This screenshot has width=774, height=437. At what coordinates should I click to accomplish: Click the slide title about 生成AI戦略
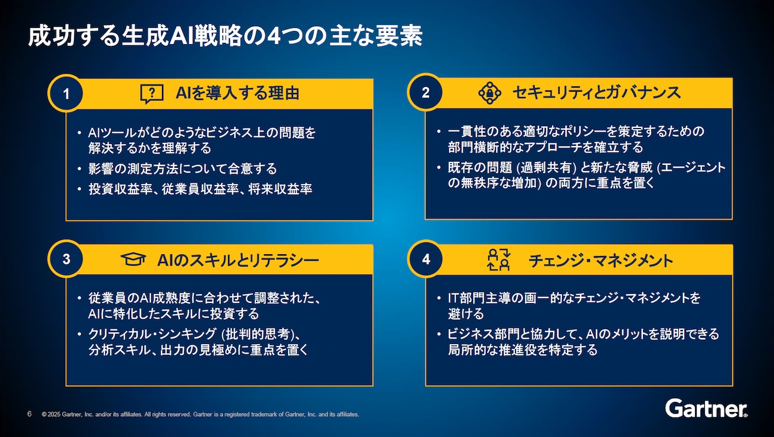point(225,36)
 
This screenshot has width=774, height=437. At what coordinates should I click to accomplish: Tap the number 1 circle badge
point(65,93)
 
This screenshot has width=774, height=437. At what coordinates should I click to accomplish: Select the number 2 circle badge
point(425,92)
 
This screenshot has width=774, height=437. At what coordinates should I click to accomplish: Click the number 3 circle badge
point(66,259)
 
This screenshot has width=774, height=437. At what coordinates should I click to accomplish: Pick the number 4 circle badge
point(426,259)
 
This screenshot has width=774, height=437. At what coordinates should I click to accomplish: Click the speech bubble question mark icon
point(152,93)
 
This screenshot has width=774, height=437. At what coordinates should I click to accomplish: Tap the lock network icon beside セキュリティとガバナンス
point(489,93)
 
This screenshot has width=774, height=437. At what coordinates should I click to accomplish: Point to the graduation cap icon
point(133,259)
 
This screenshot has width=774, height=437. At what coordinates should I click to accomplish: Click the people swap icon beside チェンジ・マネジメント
point(498,259)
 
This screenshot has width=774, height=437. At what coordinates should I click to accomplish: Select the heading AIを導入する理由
point(238,93)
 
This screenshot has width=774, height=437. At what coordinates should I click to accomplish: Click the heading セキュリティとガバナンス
point(597,93)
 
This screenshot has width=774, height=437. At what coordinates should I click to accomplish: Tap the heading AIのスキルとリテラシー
point(238,260)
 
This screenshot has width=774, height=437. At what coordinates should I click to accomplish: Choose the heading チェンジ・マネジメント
point(601,260)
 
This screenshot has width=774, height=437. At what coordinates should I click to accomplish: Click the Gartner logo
point(706,408)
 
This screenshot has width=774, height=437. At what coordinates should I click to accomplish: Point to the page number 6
point(29,414)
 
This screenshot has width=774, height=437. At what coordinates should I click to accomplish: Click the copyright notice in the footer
point(201,414)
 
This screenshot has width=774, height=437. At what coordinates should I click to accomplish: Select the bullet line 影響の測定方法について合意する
point(183,168)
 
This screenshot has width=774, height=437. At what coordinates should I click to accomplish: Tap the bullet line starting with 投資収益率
point(201,189)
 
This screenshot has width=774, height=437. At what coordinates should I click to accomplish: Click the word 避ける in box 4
point(466,314)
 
